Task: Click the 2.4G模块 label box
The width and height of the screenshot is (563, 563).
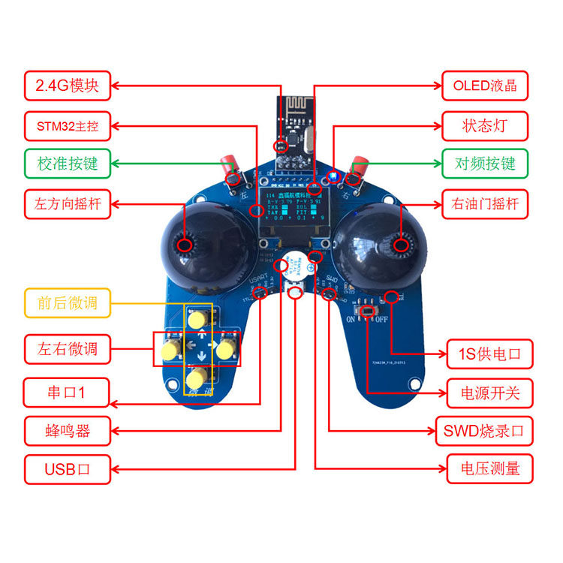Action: [x=68, y=86]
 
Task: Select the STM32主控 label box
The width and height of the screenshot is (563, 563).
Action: [x=68, y=125]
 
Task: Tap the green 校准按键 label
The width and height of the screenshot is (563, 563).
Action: [x=68, y=164]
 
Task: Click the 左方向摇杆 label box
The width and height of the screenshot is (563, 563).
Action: [x=68, y=203]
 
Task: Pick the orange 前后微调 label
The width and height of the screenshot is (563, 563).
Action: [x=68, y=303]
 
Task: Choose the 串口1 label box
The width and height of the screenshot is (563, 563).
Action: [x=68, y=392]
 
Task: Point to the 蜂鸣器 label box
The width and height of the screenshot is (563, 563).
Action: [x=68, y=431]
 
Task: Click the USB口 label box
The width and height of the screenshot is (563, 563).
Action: [x=68, y=470]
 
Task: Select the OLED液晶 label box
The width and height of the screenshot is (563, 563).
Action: [x=484, y=86]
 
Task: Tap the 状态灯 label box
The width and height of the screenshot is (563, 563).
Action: [x=484, y=125]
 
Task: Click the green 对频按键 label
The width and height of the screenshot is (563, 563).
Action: [x=484, y=164]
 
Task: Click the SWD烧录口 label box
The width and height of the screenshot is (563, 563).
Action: [x=484, y=431]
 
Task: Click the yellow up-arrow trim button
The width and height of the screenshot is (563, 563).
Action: [x=197, y=320]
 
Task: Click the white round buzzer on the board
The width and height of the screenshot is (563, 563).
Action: [x=294, y=269]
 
